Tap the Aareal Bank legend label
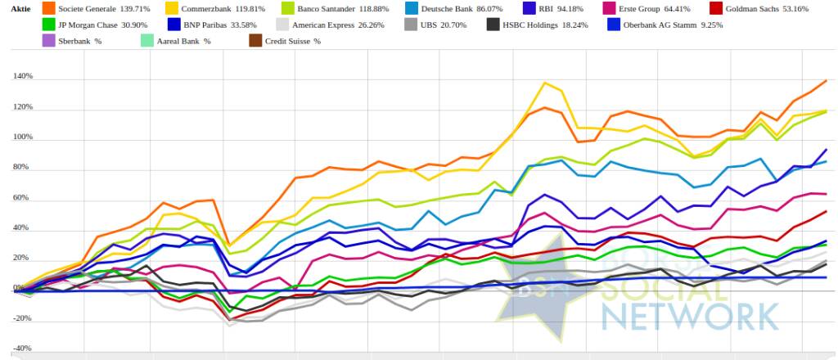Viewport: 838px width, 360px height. tap(181, 40)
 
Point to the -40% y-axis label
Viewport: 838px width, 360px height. tap(22, 349)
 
